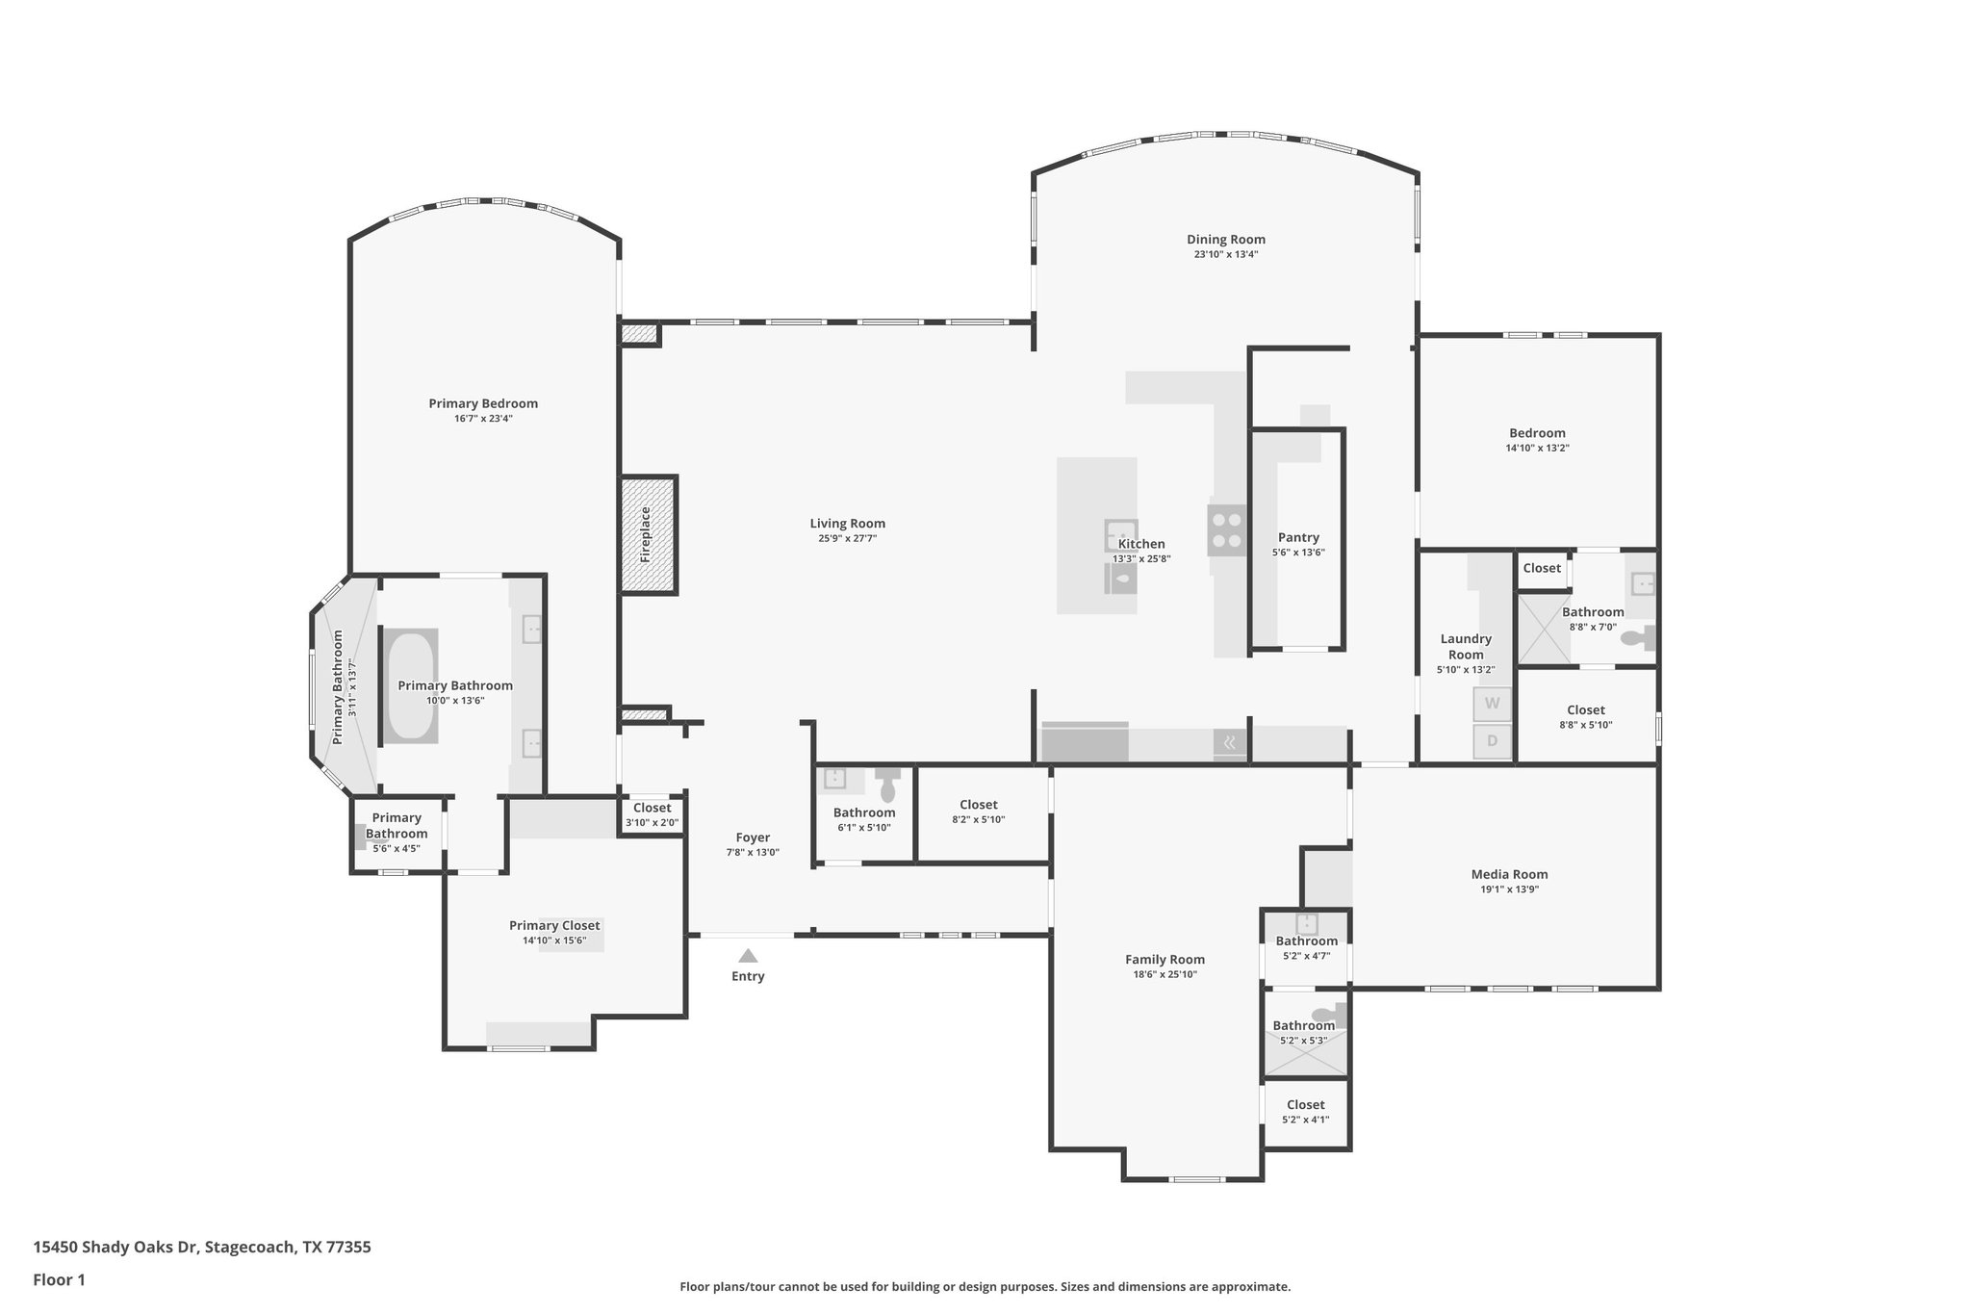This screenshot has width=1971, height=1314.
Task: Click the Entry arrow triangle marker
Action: [x=748, y=956]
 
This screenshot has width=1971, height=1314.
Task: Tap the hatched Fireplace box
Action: [x=648, y=534]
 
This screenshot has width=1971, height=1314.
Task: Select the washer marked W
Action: [x=1492, y=704]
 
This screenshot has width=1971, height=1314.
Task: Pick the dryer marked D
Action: [x=1492, y=741]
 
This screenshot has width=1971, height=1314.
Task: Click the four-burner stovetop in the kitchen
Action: [x=1227, y=530]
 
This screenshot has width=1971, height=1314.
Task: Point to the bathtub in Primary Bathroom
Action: [x=411, y=684]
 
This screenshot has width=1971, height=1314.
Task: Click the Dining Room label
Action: [x=1226, y=240]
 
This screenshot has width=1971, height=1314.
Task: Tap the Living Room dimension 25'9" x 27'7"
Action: [x=847, y=539]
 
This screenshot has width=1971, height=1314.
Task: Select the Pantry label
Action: [x=1298, y=537]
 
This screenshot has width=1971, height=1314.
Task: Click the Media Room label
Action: [x=1509, y=874]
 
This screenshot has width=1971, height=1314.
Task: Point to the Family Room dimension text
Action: [x=1165, y=974]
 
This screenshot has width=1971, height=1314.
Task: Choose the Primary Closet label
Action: [x=554, y=925]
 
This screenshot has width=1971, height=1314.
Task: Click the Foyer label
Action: [x=753, y=837]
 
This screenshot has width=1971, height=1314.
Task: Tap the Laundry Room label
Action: [x=1466, y=646]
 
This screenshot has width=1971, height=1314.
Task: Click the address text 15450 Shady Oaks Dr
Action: [x=115, y=1247]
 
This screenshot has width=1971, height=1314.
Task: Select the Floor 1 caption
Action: [x=59, y=1279]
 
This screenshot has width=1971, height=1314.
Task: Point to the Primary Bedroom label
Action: [x=483, y=403]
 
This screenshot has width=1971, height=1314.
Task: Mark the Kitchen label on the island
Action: [x=1141, y=544]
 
